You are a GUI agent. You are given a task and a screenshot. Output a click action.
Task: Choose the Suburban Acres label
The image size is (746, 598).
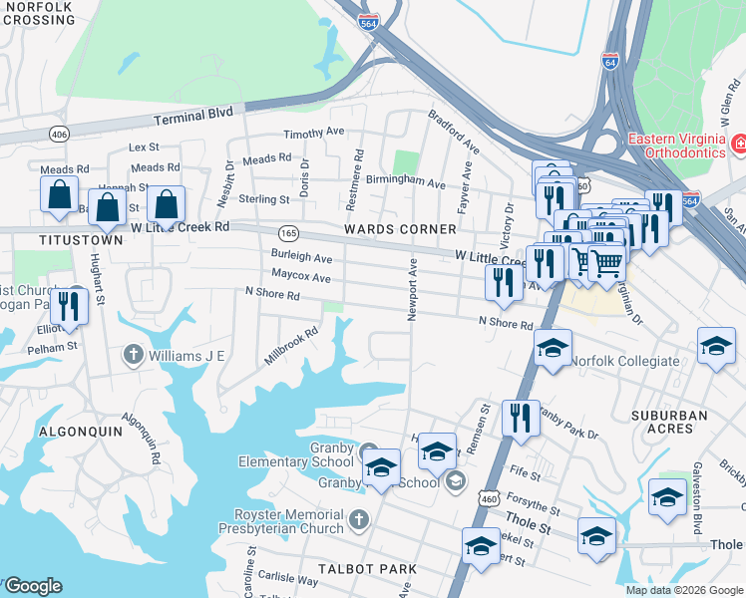[668, 422]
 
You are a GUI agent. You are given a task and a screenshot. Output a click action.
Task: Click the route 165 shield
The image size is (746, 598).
[288, 232]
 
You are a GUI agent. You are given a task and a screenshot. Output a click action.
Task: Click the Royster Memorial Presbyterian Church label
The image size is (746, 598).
[287, 520]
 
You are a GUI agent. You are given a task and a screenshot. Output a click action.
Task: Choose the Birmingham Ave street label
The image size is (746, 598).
[405, 183]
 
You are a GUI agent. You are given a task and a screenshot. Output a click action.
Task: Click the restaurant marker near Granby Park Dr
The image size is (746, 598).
[520, 418]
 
